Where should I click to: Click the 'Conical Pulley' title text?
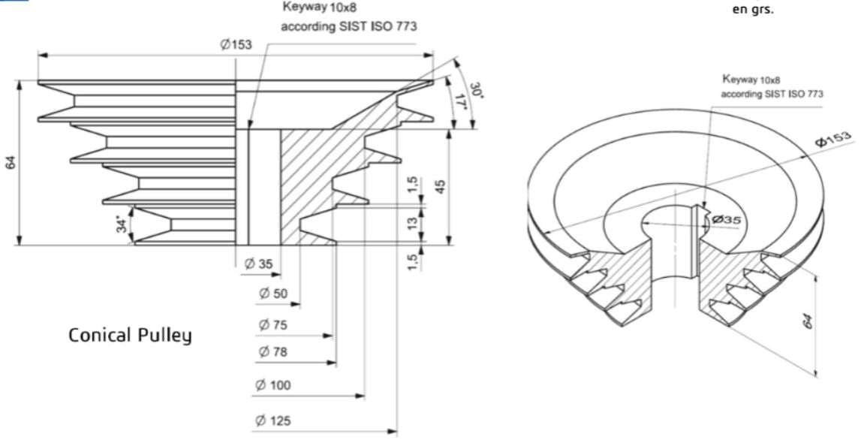(130, 335)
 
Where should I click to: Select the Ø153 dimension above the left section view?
(236, 45)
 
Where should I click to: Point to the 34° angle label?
(122, 222)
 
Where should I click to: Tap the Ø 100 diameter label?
(272, 385)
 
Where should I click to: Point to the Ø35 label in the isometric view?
(727, 219)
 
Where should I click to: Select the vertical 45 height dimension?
(441, 185)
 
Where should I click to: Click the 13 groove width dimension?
(412, 222)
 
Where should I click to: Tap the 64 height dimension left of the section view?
(11, 162)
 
